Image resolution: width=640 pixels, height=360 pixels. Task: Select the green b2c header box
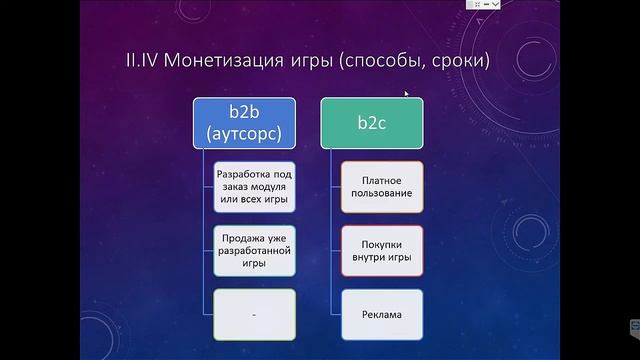point(372,122)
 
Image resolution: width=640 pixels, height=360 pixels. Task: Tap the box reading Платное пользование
point(382,187)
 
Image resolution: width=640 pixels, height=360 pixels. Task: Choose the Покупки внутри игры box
point(382,250)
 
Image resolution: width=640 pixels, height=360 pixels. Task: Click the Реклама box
point(382,314)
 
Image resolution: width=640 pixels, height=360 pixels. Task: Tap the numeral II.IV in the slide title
point(144,62)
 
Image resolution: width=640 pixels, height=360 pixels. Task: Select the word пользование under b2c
point(382,193)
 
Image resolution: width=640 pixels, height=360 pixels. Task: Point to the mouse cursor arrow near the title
point(406,95)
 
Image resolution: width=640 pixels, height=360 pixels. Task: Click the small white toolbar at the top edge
point(483,4)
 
